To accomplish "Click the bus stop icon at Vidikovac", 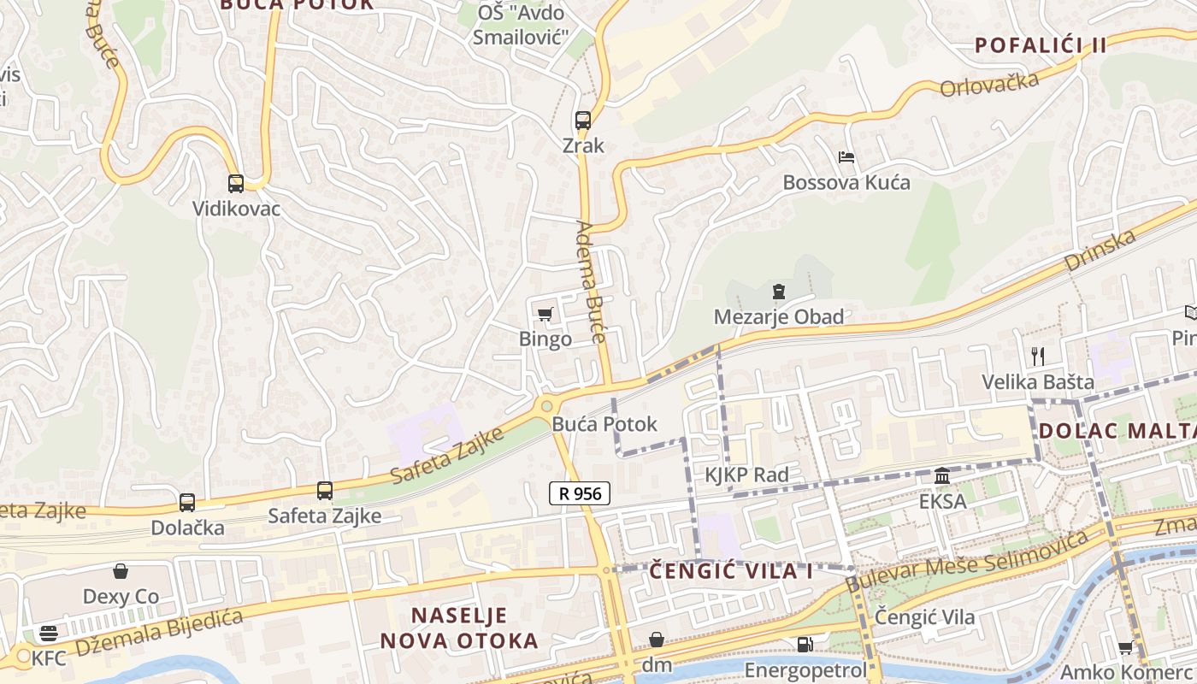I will coord(235,183).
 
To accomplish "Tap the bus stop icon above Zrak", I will coord(583,121).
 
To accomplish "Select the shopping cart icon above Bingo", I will coord(545,315).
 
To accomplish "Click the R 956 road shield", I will coord(579,493).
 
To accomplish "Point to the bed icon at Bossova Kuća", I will coord(846,157).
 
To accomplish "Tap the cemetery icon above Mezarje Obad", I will coord(778,292).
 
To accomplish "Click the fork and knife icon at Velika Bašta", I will coord(1038,356).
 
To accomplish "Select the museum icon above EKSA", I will coord(942,475).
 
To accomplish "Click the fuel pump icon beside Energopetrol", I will coord(805,645).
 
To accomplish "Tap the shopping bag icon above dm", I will coord(657,640).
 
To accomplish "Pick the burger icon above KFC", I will coord(49,634).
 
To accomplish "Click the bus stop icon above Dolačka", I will coord(187,503).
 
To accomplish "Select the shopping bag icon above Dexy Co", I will coord(121,571).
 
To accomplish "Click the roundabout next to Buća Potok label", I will coord(546,406).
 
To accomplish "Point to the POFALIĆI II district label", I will coord(1041,45).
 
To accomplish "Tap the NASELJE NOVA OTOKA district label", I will coord(459,628).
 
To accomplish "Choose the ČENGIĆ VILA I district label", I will coord(731,571).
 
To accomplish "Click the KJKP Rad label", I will coord(746,475).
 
